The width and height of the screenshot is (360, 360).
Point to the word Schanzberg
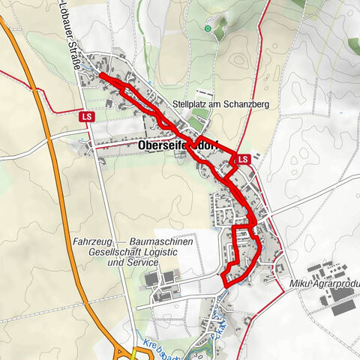pos(244,103)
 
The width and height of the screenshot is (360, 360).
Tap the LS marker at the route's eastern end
pos(242,160)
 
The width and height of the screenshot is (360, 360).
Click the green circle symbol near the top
pos(208,28)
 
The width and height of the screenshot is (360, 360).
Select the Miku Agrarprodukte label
pos(324,285)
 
